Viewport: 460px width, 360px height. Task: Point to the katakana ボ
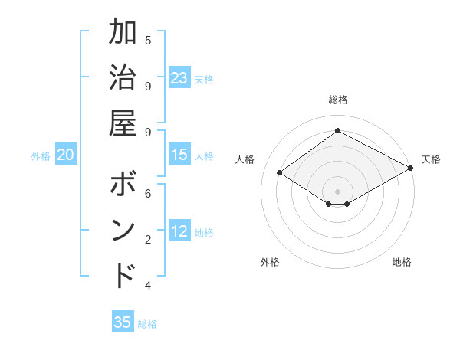click(x=123, y=185)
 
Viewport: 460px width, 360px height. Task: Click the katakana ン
click(x=123, y=231)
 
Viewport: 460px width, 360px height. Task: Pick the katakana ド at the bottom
click(x=123, y=275)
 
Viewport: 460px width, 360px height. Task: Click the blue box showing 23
click(x=179, y=78)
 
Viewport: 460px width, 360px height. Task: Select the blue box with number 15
click(x=179, y=155)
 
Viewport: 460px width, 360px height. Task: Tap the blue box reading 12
click(x=179, y=231)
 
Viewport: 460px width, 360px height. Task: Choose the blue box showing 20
click(x=66, y=155)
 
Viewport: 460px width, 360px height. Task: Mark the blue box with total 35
click(x=123, y=322)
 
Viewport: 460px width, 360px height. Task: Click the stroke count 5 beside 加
click(x=148, y=41)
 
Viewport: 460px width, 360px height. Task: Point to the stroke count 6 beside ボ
click(x=148, y=194)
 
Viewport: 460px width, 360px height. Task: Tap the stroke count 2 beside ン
click(x=148, y=240)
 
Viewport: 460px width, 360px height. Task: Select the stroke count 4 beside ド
click(x=148, y=286)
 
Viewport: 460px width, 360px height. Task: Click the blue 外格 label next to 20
click(x=41, y=156)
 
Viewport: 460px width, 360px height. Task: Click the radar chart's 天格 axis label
click(x=431, y=159)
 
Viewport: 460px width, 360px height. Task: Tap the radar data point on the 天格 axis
click(x=411, y=169)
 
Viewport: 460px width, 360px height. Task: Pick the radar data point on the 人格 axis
click(x=280, y=173)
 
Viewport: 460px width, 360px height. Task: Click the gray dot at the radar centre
click(x=337, y=190)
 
